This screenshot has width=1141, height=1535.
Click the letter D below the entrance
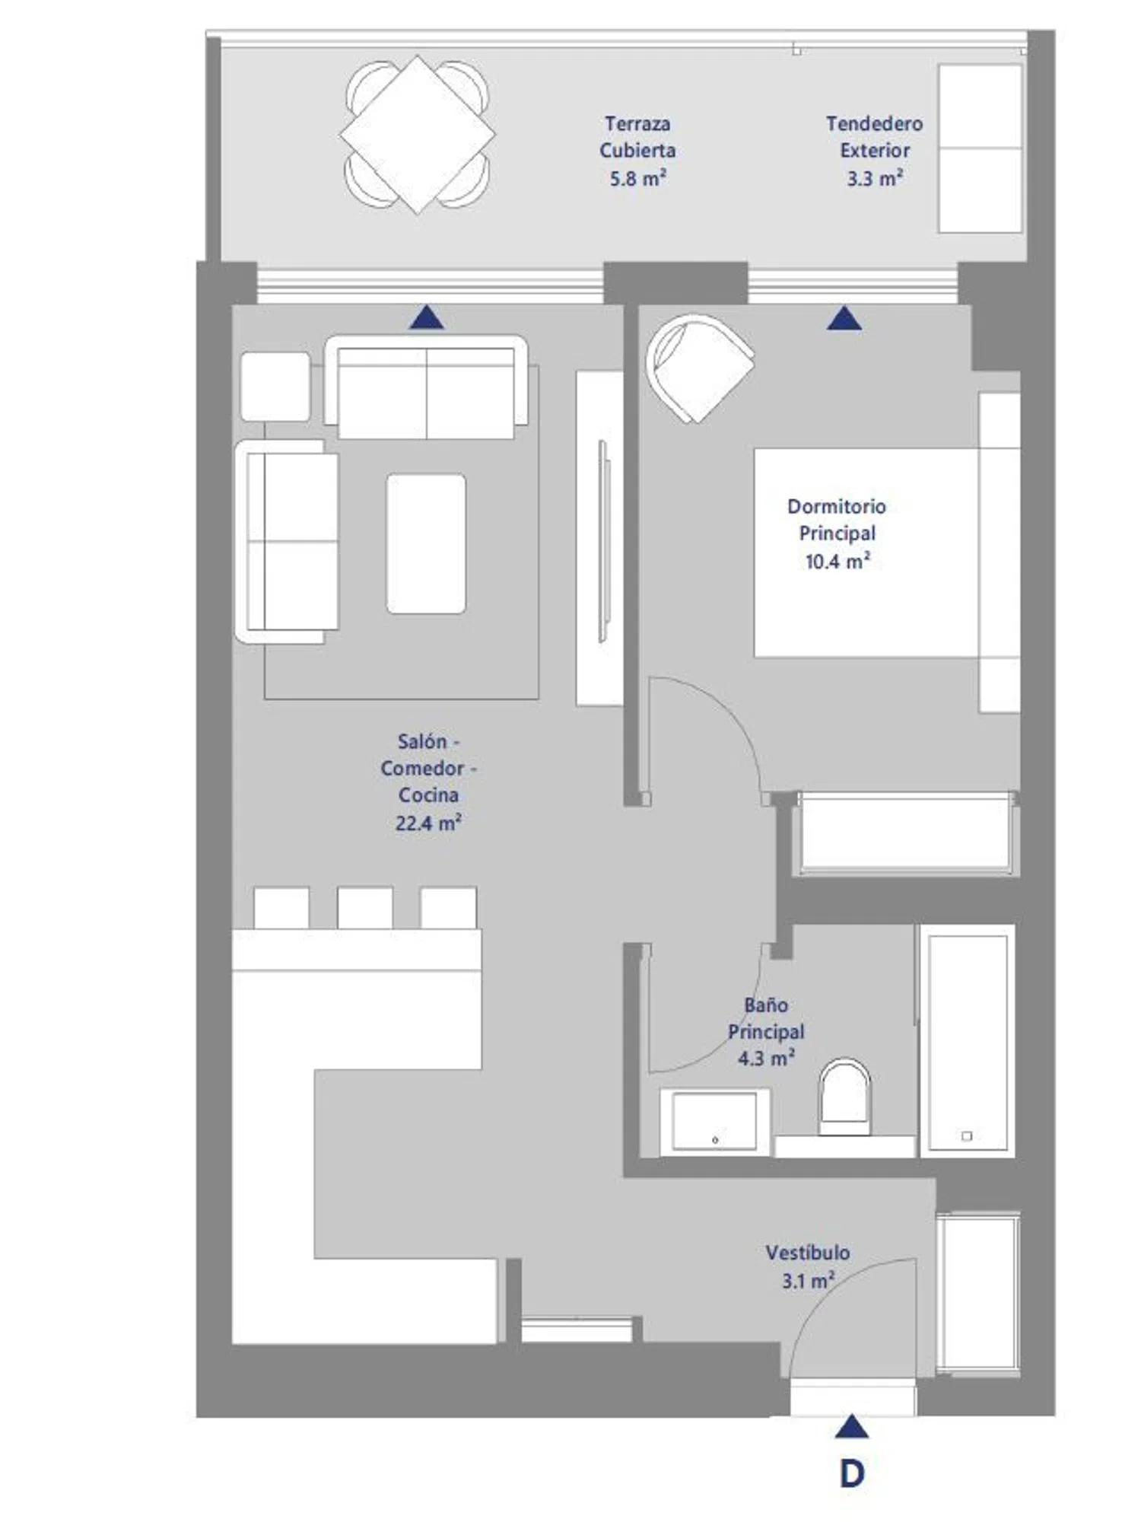click(x=852, y=1474)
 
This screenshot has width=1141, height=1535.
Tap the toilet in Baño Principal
click(x=844, y=1096)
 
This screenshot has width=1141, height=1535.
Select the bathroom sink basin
click(x=715, y=1121)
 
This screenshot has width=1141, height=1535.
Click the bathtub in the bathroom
click(x=967, y=1041)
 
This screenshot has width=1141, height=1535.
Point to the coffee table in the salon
click(x=426, y=543)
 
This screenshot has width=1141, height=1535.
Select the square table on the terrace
click(x=417, y=135)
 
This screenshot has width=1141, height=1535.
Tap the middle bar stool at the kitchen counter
click(x=365, y=908)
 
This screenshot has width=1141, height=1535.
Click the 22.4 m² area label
click(x=428, y=823)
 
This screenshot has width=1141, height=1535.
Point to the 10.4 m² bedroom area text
click(x=837, y=562)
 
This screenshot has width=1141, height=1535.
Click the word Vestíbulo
click(x=808, y=1253)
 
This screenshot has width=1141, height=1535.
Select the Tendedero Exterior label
click(x=875, y=137)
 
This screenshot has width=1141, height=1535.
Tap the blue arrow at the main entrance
click(x=851, y=1427)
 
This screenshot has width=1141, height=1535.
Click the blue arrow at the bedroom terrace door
click(x=844, y=318)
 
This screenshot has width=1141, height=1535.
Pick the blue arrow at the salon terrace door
click(x=427, y=317)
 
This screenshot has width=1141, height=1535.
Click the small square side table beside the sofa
click(x=275, y=386)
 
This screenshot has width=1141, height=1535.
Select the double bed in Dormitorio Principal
click(x=887, y=553)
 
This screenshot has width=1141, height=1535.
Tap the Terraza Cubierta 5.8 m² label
click(x=637, y=151)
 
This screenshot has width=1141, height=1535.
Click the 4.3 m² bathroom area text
click(x=767, y=1059)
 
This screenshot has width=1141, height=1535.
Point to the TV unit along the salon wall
click(x=600, y=538)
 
